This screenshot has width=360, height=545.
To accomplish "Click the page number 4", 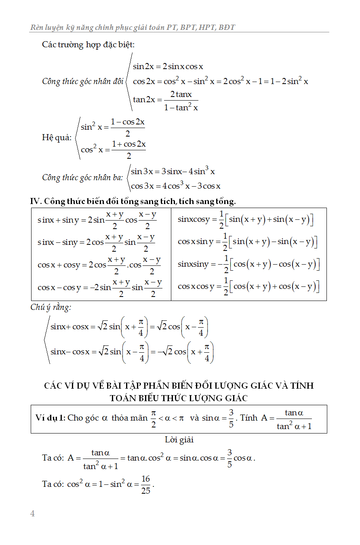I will coord(33,513).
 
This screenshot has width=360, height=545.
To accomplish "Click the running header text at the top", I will coord(133,27).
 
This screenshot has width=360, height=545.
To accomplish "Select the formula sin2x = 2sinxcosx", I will coord(168,67).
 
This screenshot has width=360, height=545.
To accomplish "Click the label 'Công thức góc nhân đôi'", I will coord(82,81).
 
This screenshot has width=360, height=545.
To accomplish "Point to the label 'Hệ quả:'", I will coord(57,137).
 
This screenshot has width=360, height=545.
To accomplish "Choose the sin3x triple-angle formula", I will coord(173,171).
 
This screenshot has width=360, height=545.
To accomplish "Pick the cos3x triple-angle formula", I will coord(175,186).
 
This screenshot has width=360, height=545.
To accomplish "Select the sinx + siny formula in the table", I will coord(97,220).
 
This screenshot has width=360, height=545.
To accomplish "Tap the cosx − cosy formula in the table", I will coord(100,287).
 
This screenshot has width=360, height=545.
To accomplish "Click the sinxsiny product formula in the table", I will coord(248,264).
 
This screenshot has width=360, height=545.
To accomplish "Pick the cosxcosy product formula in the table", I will coord(248,286).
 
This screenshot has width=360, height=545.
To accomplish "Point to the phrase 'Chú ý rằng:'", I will coord(51,307).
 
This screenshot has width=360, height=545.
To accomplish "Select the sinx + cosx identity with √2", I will coord(129,327).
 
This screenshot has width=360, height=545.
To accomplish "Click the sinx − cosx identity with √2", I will coord(132,352).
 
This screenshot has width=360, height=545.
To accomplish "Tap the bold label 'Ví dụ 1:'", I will coord(50,418).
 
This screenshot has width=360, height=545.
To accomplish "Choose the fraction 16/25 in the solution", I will coord(145,484).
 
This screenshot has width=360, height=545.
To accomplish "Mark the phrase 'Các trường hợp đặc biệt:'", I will coord(88,44).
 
